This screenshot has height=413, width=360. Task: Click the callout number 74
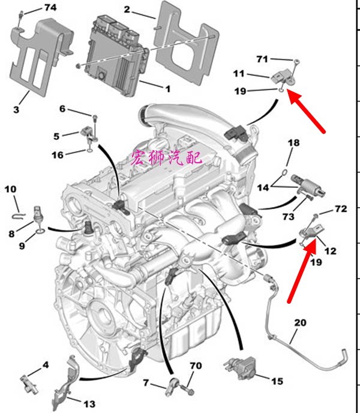(50, 8)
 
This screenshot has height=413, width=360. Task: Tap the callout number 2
(127, 9)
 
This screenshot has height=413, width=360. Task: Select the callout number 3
(16, 109)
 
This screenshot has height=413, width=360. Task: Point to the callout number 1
(167, 88)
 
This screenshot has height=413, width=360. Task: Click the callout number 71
(262, 59)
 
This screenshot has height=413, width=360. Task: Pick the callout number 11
(239, 74)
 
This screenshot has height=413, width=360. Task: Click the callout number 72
(341, 209)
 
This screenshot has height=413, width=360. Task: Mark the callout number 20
(300, 323)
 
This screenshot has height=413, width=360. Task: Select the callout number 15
(276, 381)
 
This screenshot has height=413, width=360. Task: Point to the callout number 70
(196, 365)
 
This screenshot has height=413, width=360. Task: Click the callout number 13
(88, 403)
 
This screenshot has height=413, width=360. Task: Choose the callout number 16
(57, 155)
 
